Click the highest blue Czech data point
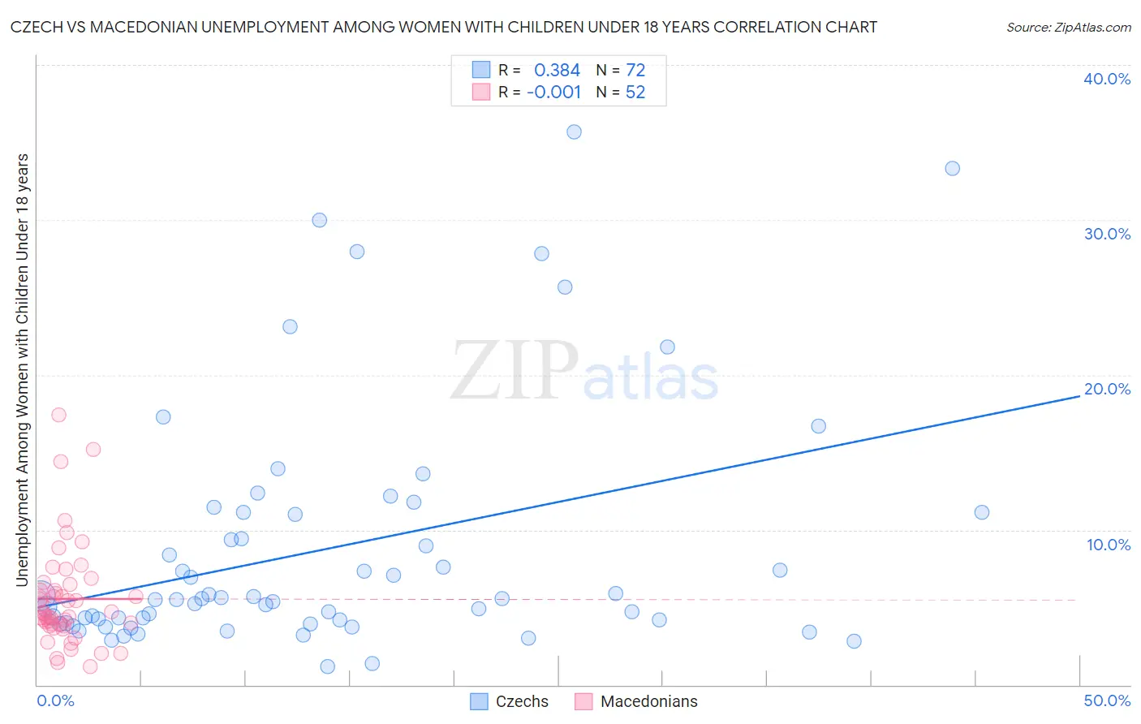coord(574,131)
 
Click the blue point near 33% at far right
coord(953,168)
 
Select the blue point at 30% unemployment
coord(320,220)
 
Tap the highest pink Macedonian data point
coord(58,414)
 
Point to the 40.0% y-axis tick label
coord(1107,79)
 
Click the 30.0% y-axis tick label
coord(1107,234)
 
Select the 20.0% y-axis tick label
coord(1107,389)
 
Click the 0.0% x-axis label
coord(55,700)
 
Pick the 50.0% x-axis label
coord(1107,700)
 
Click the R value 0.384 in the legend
coord(557,71)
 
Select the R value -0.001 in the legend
coord(553,93)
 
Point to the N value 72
coord(635,71)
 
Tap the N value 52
coord(635,93)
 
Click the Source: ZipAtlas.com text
coord(1069,28)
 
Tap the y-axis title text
coord(22,369)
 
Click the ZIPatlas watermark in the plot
coord(584,371)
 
